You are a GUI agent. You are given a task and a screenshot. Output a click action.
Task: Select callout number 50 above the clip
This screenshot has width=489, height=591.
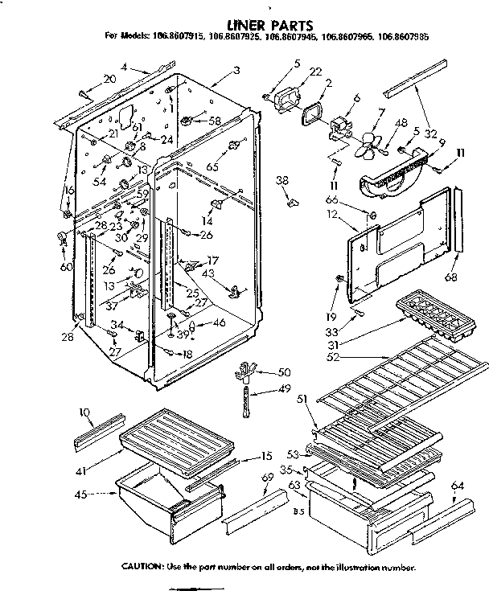[283, 371]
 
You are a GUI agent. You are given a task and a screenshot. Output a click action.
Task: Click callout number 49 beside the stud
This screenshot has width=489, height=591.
[283, 388]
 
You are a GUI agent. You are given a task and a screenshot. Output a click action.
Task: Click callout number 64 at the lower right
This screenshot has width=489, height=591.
[458, 485]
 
